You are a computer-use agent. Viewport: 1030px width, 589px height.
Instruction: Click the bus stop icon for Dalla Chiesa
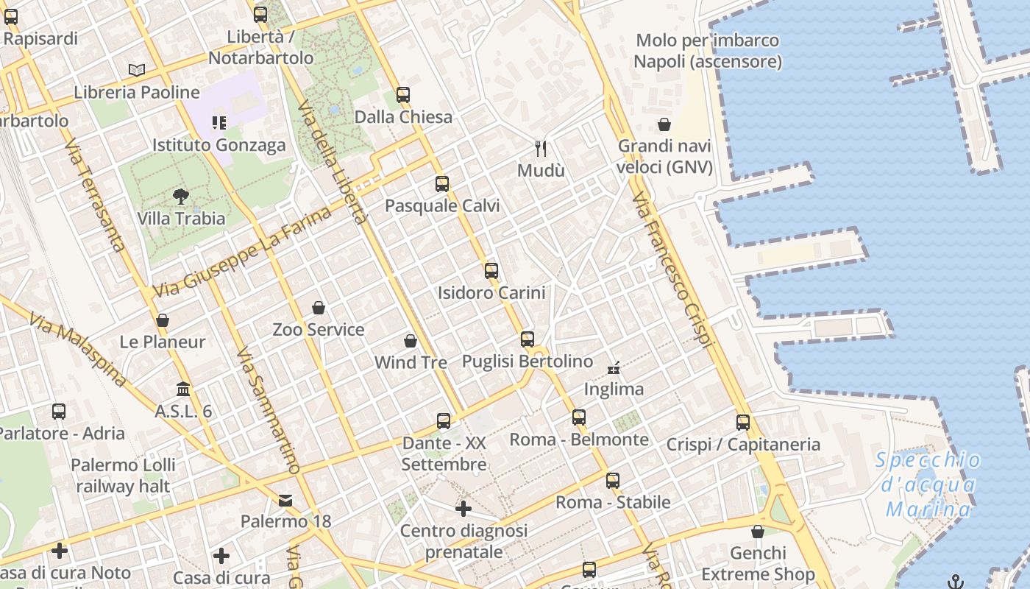402,95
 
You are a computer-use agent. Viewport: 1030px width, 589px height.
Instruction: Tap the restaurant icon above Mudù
541,149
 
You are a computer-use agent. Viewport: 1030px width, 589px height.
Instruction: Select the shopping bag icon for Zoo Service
319,308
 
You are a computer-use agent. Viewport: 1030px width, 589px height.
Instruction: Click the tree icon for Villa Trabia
181,197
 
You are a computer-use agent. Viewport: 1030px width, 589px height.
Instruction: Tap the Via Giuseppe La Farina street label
242,253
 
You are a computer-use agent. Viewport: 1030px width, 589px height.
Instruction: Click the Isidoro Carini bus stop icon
491,271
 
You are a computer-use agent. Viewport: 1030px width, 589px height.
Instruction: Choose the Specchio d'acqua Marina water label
929,484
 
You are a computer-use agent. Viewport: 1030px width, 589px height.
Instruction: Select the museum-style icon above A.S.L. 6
183,389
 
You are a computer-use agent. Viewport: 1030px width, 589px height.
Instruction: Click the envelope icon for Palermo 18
285,501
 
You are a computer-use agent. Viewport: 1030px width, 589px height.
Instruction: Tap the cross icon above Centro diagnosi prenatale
463,509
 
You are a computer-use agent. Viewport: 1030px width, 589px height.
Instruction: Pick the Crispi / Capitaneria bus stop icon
743,423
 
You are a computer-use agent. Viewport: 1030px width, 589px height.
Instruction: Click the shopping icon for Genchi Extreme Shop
758,532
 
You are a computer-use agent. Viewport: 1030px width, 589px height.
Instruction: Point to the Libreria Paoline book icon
137,70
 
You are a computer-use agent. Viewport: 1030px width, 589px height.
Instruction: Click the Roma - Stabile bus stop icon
613,481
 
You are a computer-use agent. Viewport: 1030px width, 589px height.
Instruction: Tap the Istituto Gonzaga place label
219,145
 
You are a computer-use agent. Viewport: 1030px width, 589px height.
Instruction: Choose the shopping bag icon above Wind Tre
411,342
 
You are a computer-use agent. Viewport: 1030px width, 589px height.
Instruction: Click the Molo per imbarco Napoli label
707,51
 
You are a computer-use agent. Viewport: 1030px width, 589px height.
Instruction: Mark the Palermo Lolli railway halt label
124,476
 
